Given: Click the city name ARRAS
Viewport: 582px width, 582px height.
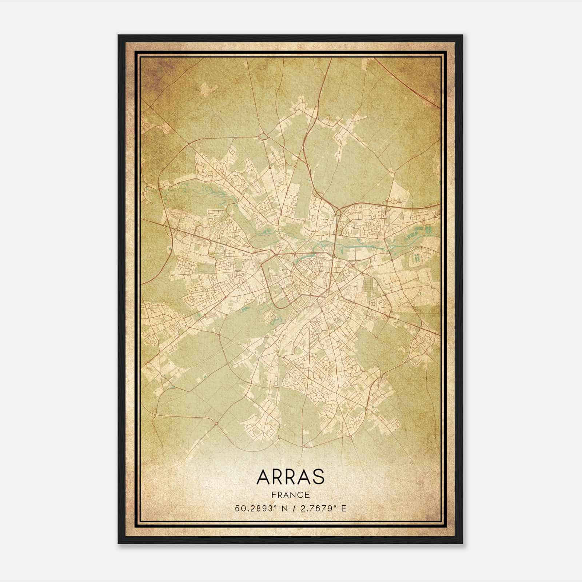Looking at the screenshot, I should [290, 477].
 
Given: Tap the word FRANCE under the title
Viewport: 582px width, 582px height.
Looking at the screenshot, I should [290, 495].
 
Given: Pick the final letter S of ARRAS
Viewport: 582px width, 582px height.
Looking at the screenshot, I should [318, 477].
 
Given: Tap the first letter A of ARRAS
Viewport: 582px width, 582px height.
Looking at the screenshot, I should [263, 477].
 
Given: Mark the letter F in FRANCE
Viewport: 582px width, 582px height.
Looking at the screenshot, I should [274, 495].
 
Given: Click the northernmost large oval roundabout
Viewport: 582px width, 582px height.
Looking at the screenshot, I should [263, 136].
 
